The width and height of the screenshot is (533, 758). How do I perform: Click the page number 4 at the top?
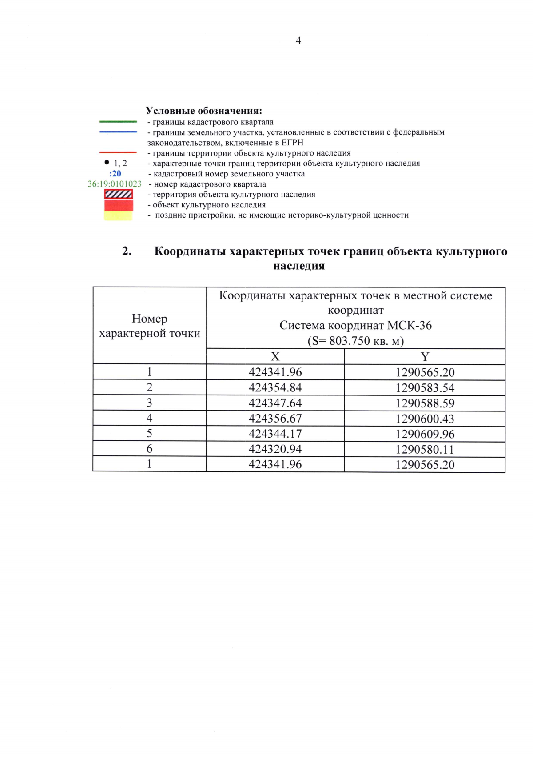(298, 41)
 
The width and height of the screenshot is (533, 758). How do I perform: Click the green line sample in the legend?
(118, 121)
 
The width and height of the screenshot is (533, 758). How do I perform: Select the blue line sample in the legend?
(118, 132)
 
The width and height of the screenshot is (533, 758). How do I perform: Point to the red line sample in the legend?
(118, 152)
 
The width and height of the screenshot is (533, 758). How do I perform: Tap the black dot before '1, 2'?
(107, 163)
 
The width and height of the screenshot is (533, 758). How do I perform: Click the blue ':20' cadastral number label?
(115, 174)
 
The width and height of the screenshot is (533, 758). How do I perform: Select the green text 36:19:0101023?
(115, 184)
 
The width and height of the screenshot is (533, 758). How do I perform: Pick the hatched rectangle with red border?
(119, 194)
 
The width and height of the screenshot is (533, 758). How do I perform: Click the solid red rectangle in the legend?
(119, 205)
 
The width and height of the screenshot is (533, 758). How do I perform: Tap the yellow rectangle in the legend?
(119, 215)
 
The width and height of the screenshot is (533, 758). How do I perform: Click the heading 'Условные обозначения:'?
(204, 111)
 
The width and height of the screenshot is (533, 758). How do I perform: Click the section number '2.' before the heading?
(127, 251)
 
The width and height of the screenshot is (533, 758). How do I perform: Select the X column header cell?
(275, 356)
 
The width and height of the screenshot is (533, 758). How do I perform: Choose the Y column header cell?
(425, 356)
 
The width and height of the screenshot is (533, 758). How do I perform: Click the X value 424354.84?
(275, 387)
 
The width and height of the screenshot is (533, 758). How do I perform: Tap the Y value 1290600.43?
(425, 419)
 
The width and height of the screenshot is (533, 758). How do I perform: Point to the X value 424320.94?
(275, 449)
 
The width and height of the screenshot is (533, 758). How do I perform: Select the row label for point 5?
(149, 433)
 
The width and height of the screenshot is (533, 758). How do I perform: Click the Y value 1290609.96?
(425, 434)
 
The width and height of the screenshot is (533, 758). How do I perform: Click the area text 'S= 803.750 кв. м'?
(355, 341)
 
